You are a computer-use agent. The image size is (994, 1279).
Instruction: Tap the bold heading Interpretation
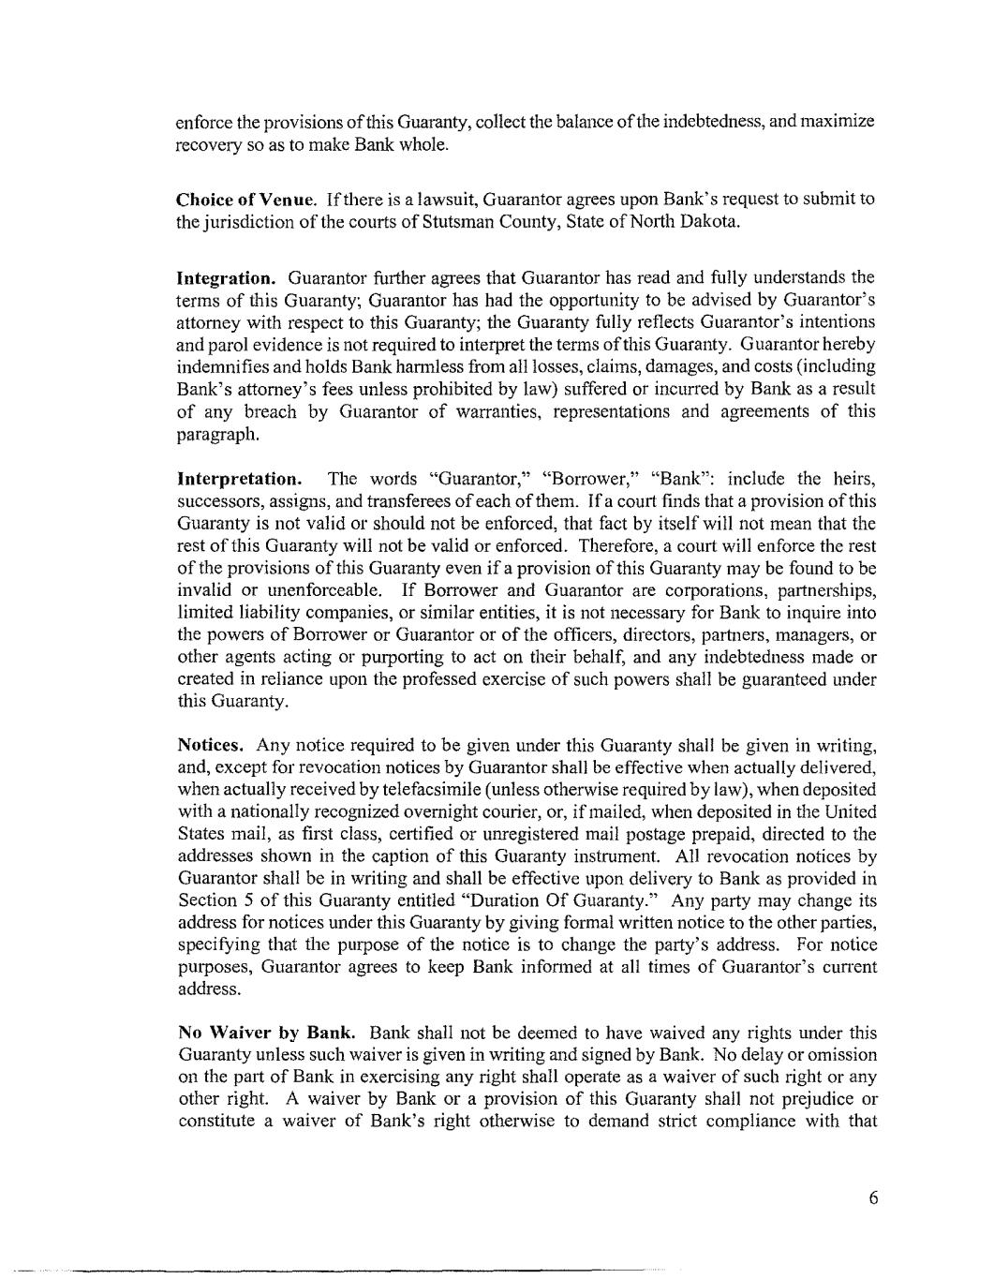tap(240, 479)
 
